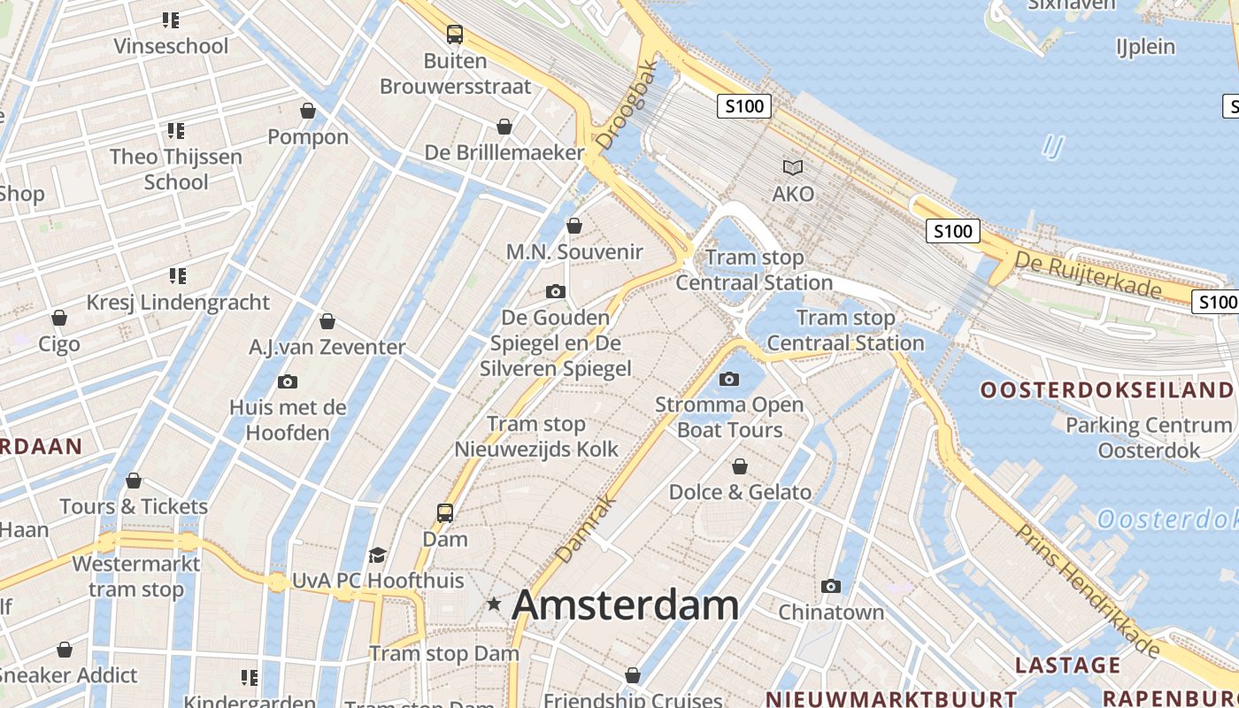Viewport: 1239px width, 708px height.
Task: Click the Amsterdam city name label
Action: (x=625, y=605)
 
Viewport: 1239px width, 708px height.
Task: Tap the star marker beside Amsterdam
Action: (x=494, y=604)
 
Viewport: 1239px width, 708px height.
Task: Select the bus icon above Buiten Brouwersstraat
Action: (x=455, y=35)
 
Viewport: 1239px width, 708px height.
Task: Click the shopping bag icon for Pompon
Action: (x=308, y=111)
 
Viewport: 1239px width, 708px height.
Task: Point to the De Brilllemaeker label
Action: (x=504, y=152)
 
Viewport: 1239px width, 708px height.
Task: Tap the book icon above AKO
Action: (x=793, y=166)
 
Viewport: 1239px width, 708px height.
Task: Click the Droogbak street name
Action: (x=627, y=104)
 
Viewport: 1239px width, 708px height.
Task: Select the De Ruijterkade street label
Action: (x=1088, y=274)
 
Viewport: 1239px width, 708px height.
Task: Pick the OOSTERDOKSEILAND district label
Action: (x=1106, y=390)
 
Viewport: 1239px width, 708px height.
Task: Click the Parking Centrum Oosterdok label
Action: (x=1149, y=437)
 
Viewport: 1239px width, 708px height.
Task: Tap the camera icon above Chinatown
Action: (x=830, y=586)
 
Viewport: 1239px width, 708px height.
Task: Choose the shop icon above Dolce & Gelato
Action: (x=740, y=466)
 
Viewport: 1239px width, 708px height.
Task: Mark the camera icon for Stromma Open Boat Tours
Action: (x=729, y=380)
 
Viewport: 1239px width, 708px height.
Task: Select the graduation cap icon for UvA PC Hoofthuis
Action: (x=378, y=555)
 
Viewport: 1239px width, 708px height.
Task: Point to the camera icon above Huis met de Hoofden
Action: (x=287, y=382)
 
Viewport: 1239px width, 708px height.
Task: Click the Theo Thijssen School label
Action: (x=176, y=169)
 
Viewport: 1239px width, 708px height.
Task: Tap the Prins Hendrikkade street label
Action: (x=1088, y=591)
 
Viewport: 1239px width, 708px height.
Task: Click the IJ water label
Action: (x=1053, y=145)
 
